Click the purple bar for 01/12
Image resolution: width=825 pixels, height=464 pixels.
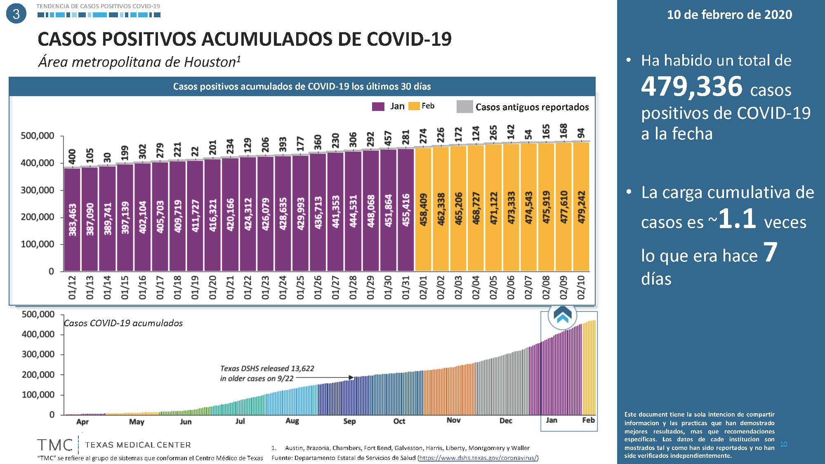point(72,219)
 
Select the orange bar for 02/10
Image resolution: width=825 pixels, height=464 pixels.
point(581,206)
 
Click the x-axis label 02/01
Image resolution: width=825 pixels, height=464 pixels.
point(423,287)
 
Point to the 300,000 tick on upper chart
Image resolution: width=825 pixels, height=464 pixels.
point(38,190)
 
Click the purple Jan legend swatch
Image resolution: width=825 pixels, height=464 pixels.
point(378,106)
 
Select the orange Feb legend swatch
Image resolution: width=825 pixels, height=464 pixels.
point(414,106)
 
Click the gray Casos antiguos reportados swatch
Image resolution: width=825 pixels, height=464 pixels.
point(464,106)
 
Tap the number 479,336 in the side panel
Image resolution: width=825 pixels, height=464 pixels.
point(691,87)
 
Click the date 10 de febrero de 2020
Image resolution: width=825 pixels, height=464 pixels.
point(729,15)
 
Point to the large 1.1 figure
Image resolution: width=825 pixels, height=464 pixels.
point(737,219)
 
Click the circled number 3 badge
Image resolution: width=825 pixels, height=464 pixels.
point(16,14)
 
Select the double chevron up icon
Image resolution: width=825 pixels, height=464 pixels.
point(562,316)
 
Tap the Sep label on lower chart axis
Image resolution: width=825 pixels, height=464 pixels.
point(349,421)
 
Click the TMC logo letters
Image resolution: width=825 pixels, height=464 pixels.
point(54,445)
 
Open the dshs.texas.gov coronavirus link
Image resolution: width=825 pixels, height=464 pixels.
point(478,458)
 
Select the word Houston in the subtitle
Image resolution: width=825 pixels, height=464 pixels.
point(210,62)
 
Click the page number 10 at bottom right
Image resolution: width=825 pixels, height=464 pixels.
point(783,444)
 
